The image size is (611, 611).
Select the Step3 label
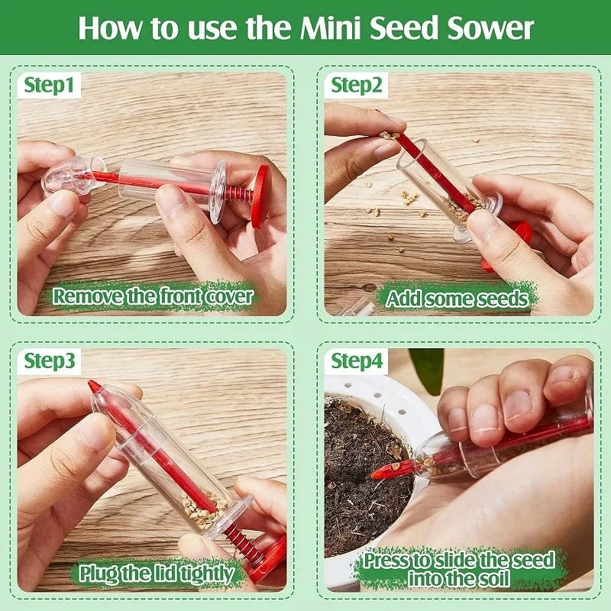point(50,360)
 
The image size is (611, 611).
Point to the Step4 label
point(357,360)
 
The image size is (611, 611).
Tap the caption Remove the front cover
point(153,296)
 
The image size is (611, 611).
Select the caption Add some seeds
point(457,298)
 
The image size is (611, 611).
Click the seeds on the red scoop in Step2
point(390,135)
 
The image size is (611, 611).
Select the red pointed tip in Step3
point(95,388)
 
